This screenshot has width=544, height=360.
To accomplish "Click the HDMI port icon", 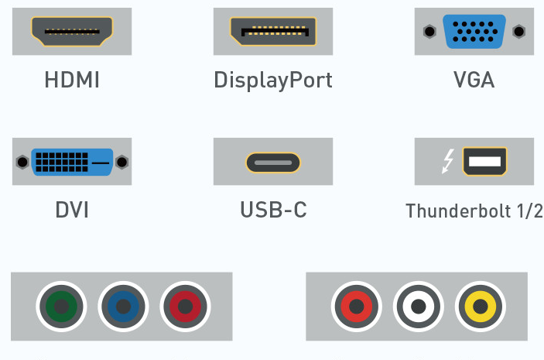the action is tap(72, 32).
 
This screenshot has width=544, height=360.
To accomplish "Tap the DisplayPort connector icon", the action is tap(273, 32).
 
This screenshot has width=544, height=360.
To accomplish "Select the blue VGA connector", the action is tap(474, 32).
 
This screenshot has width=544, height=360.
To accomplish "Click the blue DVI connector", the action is tap(72, 162).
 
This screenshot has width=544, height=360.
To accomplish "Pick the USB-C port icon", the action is tap(273, 163).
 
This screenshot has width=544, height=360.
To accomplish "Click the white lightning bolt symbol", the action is tap(447, 161).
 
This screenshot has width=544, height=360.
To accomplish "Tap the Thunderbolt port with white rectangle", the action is tap(484, 162).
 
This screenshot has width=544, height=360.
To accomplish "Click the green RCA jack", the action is tap(61, 307).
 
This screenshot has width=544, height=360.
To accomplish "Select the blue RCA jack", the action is tap(123, 307).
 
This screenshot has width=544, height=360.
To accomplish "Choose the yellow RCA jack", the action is tap(481, 307).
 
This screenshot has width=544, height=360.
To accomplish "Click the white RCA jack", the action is tap(419, 307).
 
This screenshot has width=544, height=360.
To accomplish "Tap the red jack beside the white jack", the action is tap(356, 307).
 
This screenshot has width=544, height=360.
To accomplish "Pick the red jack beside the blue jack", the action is tap(185, 307).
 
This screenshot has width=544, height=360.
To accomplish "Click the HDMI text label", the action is tap(72, 80).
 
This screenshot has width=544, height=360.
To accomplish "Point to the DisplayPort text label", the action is tap(273, 81).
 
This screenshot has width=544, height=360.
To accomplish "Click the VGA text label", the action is tap(474, 80).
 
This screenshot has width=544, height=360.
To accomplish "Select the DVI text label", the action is tap(72, 210).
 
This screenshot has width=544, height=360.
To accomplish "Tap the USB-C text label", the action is tap(273, 210).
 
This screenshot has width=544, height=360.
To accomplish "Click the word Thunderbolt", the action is tap(458, 211).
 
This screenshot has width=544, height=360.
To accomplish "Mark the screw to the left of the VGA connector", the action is tap(429, 32).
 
